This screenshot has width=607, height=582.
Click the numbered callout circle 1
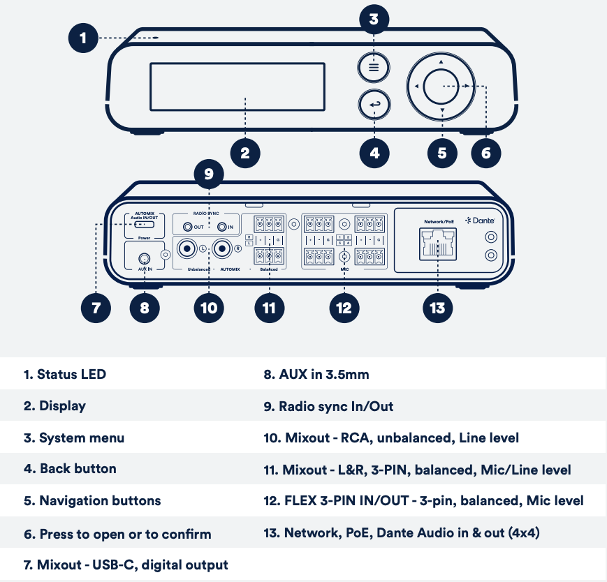84,38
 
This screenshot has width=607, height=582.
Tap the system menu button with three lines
374,68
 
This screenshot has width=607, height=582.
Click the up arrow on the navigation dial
441,62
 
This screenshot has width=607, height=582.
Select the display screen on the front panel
237,86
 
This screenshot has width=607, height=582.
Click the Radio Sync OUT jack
188,227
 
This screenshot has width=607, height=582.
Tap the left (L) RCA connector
187,248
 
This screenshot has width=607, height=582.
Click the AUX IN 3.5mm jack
144,258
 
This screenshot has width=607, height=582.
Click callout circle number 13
437,307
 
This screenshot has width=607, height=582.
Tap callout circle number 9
208,174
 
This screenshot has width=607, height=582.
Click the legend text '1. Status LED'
65,374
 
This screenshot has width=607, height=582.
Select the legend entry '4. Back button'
70,468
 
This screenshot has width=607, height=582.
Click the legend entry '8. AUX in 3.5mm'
316,374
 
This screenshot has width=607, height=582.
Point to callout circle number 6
486,152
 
